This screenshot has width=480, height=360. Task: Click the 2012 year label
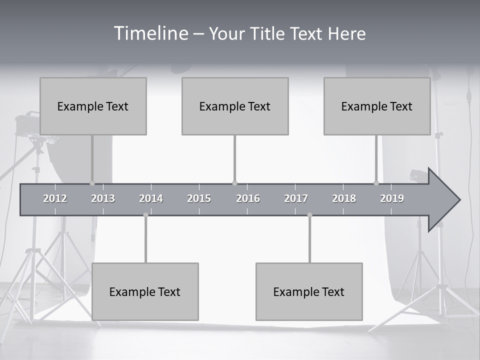tap(55, 198)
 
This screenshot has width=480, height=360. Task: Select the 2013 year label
tap(103, 198)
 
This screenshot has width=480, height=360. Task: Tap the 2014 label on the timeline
tap(151, 198)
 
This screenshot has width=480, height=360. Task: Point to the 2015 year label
tap(199, 198)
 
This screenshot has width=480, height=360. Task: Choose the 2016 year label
tap(248, 198)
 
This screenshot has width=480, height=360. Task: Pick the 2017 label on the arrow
tap(296, 198)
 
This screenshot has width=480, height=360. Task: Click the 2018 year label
tap(344, 198)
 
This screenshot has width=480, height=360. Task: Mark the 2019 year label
tap(392, 198)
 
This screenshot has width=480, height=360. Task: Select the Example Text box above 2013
tap(93, 106)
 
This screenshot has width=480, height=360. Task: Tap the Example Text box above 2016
tap(235, 106)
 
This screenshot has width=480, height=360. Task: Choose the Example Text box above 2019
tap(377, 106)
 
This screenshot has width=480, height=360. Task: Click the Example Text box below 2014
tap(145, 291)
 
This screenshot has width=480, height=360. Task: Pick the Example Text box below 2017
tap(309, 291)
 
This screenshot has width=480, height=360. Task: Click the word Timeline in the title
tap(150, 33)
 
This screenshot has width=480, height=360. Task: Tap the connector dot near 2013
tap(92, 183)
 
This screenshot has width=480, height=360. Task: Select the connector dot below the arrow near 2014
tap(145, 215)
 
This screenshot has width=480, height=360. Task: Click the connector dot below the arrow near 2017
tap(309, 215)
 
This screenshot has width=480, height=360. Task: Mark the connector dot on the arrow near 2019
tap(376, 183)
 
